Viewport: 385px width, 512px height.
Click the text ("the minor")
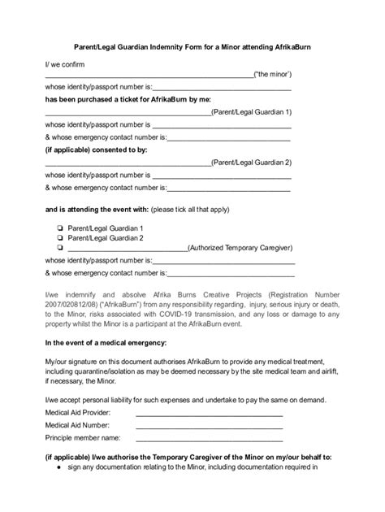coord(273,74)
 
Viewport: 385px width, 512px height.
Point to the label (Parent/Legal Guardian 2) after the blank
coord(252,163)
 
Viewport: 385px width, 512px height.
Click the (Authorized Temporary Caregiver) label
coord(240,249)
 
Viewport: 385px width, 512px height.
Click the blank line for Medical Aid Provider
coord(209,412)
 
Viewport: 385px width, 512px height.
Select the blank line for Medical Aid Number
coord(209,423)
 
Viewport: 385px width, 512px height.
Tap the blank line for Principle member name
coord(209,436)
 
